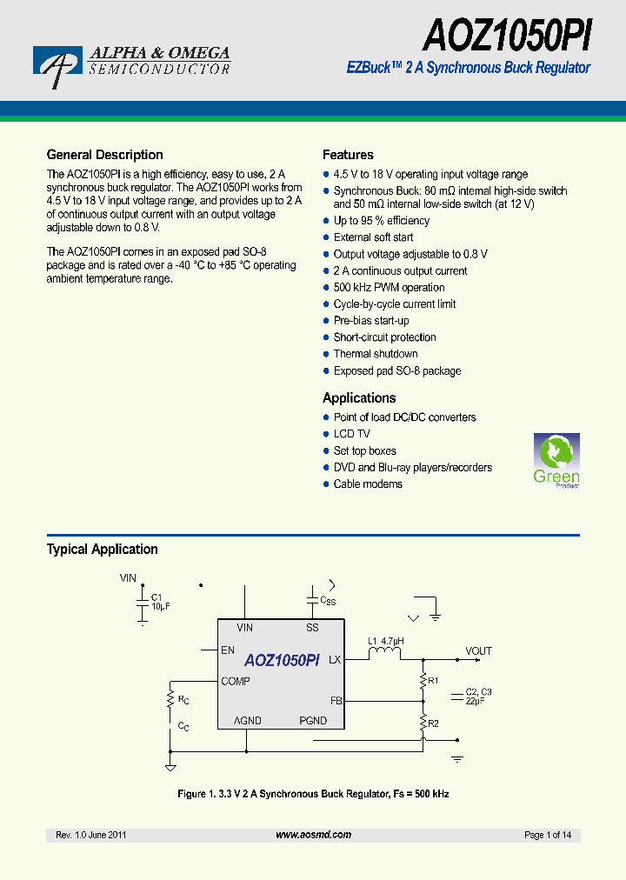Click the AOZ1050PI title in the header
508,37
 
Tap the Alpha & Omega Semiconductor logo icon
57,66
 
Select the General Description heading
104,155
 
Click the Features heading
348,155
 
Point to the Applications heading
359,398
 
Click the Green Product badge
556,461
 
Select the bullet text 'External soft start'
373,237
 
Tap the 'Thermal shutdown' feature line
376,354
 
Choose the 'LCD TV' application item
351,434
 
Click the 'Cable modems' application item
368,484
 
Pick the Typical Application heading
102,550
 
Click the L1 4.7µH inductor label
386,642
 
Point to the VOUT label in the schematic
478,650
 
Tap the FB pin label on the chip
336,700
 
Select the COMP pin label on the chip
235,681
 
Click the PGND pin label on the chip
313,721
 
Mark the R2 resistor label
434,723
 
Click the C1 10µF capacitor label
160,602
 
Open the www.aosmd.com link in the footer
313,835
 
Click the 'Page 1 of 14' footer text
548,835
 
